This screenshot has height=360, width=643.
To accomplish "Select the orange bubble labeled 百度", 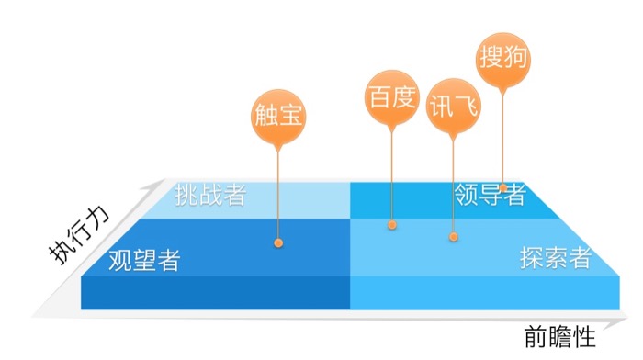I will [x=391, y=96].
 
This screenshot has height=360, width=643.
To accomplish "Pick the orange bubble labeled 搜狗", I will [x=504, y=58].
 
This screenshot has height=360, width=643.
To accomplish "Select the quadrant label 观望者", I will [x=143, y=260].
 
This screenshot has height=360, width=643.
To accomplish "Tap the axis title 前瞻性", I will [x=562, y=336].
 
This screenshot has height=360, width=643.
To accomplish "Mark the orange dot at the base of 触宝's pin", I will [x=278, y=243].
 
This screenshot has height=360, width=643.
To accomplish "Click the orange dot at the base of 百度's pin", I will [x=392, y=224].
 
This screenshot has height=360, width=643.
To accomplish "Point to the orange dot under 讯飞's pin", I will [x=453, y=237].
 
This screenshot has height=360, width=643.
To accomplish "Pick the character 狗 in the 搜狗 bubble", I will [x=516, y=58].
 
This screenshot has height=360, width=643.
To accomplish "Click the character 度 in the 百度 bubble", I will [x=403, y=96].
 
